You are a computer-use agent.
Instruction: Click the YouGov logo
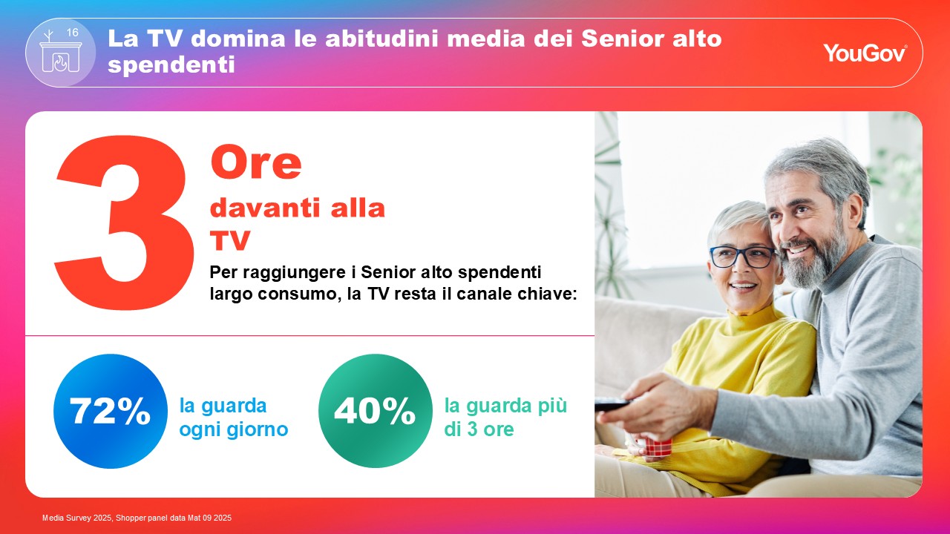click(x=865, y=53)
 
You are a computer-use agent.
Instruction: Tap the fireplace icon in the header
click(x=60, y=53)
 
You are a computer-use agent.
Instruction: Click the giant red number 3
click(x=124, y=222)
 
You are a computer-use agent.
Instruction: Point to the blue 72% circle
click(x=111, y=411)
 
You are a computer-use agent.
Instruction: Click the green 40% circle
click(x=376, y=411)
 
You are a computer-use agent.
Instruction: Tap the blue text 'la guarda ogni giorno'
click(x=234, y=418)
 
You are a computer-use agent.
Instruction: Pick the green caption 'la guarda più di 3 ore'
click(x=505, y=418)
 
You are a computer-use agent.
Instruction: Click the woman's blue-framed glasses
click(x=743, y=257)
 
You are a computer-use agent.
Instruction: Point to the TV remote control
click(x=614, y=405)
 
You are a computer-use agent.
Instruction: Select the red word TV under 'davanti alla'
click(x=230, y=240)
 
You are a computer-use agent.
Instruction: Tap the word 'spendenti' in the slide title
click(x=171, y=65)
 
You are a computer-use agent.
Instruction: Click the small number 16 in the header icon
click(x=73, y=32)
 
